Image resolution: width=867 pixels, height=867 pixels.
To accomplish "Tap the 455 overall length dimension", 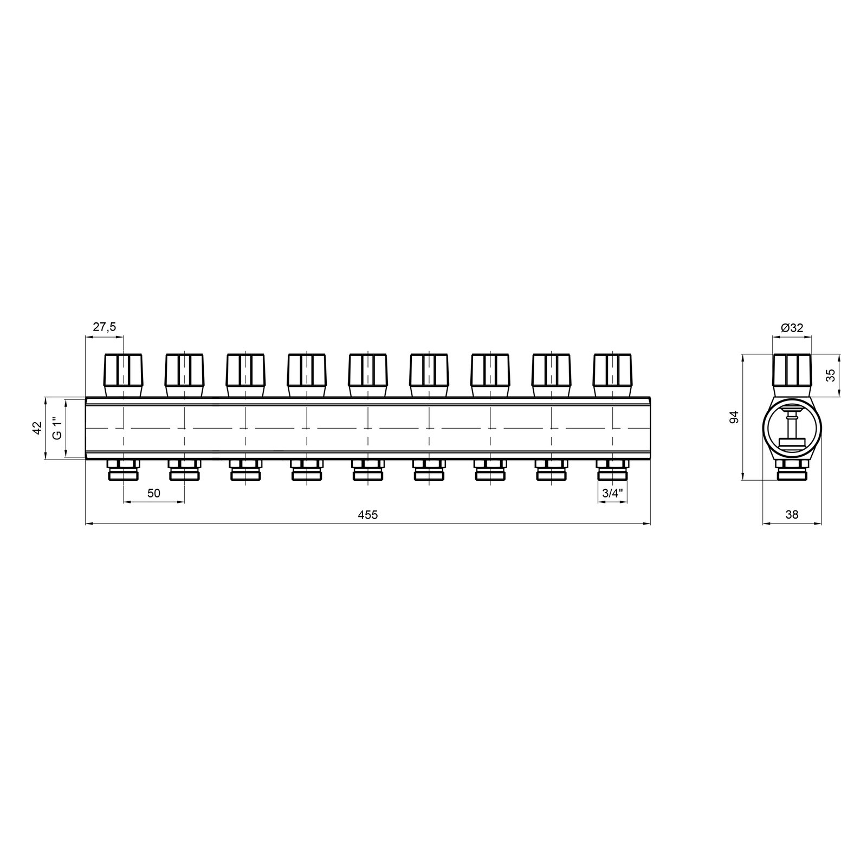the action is pos(367,515).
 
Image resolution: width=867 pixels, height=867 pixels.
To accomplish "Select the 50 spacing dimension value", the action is pos(154,493).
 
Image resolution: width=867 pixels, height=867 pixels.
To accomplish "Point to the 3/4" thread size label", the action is pos(613,493).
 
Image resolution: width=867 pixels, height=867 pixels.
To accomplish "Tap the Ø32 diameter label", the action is pos(792,327).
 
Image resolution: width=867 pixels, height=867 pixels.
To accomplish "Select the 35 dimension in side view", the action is pos(830,376).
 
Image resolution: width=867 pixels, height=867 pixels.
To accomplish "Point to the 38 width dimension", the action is pos(792,515).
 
